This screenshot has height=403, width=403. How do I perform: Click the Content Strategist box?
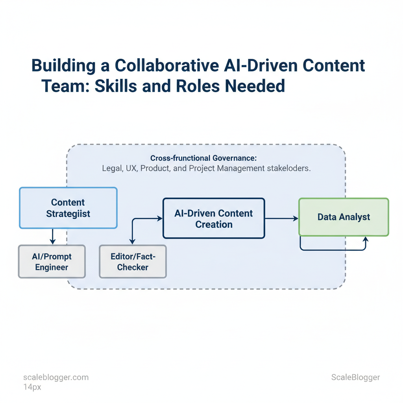[68, 208]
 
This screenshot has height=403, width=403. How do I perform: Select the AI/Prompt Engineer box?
[52, 262]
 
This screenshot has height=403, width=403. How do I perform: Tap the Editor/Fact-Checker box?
[133, 262]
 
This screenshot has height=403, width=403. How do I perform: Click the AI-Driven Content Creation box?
[214, 218]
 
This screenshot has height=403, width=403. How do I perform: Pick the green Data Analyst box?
[344, 217]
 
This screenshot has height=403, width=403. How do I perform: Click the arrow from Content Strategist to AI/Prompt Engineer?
[53, 237]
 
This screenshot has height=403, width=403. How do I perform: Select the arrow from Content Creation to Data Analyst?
[281, 218]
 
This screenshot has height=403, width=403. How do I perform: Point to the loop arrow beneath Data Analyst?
[333, 249]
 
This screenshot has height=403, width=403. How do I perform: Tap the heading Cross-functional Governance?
[203, 158]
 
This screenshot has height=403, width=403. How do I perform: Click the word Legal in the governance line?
[112, 168]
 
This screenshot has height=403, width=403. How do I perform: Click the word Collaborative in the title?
[166, 66]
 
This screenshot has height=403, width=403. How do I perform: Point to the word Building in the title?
[64, 66]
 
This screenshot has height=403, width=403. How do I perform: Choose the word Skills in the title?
[115, 85]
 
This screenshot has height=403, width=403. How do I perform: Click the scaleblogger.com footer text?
[56, 377]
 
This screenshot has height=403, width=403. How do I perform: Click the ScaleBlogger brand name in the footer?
[355, 377]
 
